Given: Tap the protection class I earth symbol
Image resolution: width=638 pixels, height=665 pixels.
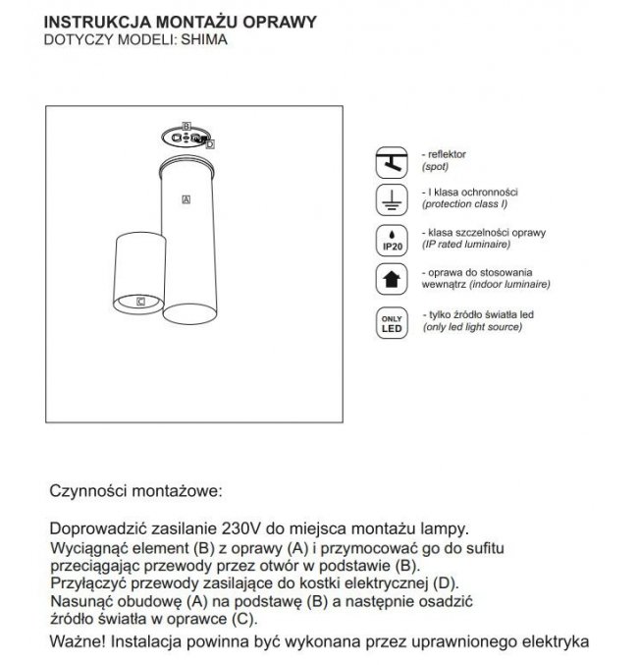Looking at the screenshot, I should tap(393, 199).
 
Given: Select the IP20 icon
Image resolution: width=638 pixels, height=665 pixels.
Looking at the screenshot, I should tap(393, 240).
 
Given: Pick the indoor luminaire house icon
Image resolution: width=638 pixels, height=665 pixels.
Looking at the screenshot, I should tap(393, 278).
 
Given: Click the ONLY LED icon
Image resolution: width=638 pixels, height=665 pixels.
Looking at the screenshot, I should tap(393, 323).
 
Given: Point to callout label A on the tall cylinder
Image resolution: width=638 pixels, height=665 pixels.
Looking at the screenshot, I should tap(186, 199).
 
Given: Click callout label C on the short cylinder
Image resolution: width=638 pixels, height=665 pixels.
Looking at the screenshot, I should tap(141, 301).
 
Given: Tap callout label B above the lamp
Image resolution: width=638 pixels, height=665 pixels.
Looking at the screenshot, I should tap(186, 127).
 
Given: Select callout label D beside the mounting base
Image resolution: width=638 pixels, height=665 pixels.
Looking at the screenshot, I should tap(210, 143).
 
